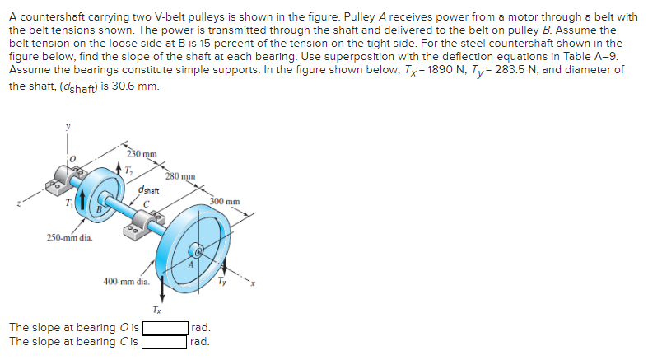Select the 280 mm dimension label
pos(179,175)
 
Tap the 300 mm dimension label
pos(225,201)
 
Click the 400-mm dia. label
pos(126,281)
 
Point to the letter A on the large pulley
pos(190,265)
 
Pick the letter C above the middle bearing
pos(144,204)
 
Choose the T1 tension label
pos(69,203)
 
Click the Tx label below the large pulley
pos(157,309)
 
